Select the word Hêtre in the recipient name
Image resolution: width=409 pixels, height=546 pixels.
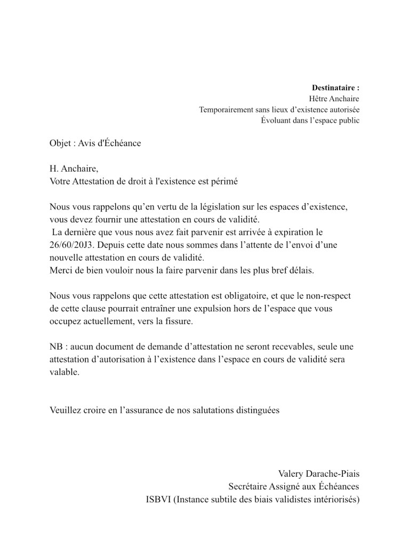[x=319, y=99]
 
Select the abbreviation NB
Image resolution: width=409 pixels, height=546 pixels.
[x=55, y=347]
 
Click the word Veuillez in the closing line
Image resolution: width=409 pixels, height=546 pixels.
[x=66, y=411]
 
